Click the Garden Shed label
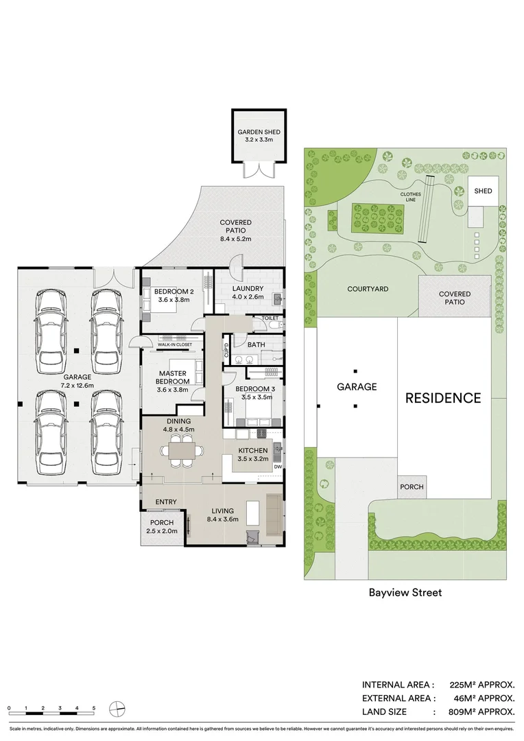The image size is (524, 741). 259,136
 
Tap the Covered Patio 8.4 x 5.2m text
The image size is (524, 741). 236,231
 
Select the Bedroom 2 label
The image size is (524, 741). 174,295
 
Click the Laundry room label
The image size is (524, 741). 248,292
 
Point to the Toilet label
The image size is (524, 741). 270,318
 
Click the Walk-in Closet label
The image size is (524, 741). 175,344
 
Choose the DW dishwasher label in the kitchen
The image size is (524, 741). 278,467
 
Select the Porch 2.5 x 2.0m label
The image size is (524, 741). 162,526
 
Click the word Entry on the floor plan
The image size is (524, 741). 166,502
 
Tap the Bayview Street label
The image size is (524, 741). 405,593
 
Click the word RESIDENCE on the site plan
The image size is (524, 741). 443,398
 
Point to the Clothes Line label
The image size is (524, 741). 411,197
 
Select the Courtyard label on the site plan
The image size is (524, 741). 368,289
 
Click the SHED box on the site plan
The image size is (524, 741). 483,191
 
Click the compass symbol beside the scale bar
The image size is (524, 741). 117,709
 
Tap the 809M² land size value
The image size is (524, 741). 481,711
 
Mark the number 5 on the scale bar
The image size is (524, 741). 94,708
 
